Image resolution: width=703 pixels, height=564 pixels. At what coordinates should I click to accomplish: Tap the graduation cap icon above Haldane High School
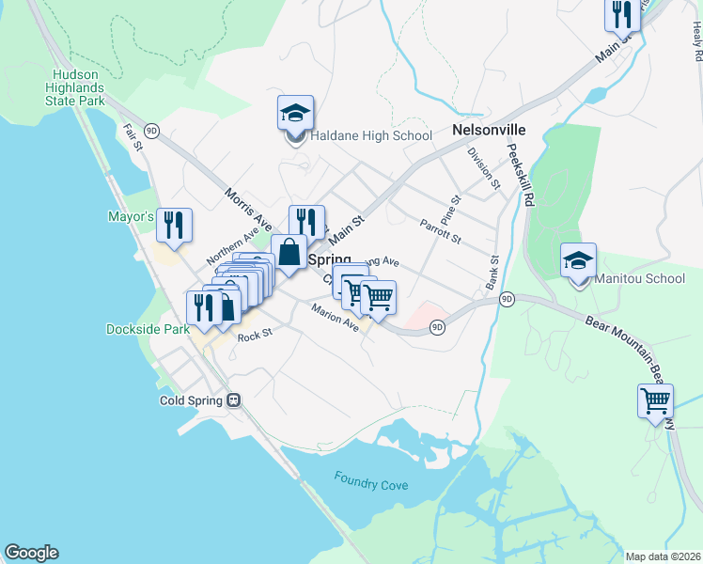click(295, 113)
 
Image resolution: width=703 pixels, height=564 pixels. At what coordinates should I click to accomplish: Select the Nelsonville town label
click(489, 130)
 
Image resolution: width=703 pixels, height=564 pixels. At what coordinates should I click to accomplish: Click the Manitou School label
click(639, 278)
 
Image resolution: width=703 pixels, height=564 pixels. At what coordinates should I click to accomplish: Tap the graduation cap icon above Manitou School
click(578, 260)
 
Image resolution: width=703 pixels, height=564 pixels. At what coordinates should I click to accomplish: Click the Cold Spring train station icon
click(234, 399)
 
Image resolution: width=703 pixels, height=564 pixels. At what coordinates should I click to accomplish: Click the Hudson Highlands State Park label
click(91, 87)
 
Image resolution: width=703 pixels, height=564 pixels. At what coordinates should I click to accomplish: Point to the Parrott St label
click(440, 231)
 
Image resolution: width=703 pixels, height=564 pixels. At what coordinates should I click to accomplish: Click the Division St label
click(483, 169)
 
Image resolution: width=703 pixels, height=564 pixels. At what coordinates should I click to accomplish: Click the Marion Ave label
click(336, 322)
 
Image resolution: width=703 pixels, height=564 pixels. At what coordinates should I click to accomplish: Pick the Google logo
click(31, 553)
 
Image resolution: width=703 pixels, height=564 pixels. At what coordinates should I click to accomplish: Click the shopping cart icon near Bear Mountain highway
click(655, 400)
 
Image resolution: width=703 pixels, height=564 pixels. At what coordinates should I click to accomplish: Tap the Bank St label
click(492, 273)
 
